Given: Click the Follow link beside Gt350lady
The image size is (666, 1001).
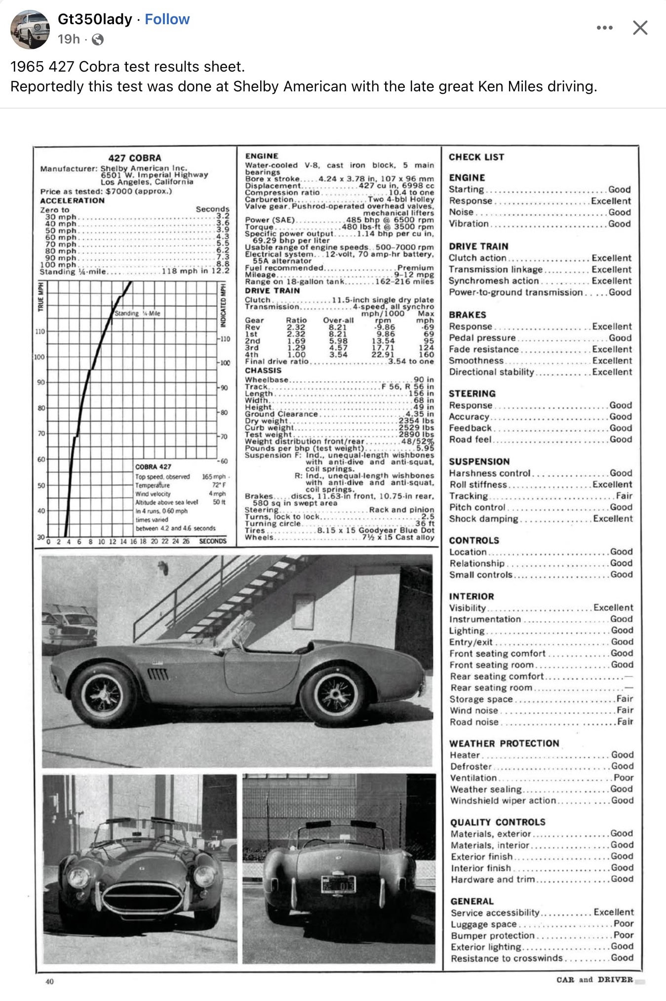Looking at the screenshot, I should (167, 19).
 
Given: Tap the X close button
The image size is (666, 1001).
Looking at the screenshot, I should (640, 28).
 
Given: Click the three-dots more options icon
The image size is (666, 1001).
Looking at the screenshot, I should (604, 28).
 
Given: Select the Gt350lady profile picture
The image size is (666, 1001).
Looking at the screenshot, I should (30, 29).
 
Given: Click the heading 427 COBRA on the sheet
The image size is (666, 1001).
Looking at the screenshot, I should (134, 158).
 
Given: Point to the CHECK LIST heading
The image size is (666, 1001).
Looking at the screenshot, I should (476, 157).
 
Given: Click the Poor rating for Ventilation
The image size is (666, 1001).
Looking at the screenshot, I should (623, 777).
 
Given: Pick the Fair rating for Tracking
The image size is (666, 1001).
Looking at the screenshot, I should (624, 496).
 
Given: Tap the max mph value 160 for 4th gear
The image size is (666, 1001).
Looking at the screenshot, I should (426, 355).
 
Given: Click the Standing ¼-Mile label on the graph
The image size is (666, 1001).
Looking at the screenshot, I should (137, 314).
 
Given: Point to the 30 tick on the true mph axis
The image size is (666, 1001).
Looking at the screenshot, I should (40, 537).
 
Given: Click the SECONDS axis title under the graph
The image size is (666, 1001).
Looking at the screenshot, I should (213, 541).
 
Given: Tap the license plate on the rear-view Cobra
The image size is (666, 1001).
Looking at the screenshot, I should (339, 885).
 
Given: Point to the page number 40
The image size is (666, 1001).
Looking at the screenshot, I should (49, 981).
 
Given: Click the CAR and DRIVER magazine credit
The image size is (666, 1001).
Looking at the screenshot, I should (594, 980).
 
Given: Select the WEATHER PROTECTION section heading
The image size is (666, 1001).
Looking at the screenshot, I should (504, 743).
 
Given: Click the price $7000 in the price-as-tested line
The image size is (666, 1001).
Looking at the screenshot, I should (118, 191).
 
